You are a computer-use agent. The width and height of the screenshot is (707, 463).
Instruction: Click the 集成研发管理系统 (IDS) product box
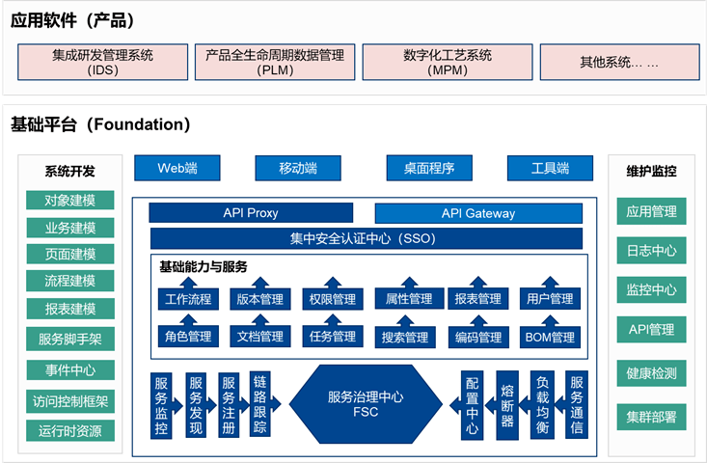[102, 62]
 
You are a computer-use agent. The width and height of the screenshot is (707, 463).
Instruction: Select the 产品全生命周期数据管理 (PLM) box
[275, 62]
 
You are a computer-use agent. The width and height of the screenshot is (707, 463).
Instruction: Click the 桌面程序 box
[428, 169]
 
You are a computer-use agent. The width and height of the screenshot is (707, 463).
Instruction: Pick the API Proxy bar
[251, 213]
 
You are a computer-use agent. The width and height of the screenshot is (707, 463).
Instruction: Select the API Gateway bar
[478, 213]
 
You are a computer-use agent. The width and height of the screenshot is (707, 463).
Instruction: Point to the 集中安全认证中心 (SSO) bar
[367, 238]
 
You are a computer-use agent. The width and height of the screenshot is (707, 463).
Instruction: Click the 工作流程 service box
[187, 299]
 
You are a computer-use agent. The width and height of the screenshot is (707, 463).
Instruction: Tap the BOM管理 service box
[550, 337]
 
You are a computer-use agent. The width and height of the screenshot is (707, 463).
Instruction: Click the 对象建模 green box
[70, 201]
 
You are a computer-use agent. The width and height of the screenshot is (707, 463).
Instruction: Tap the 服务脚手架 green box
[70, 340]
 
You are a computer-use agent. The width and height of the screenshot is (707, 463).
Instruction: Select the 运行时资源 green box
[70, 430]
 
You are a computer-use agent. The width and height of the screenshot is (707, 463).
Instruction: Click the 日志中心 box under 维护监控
[651, 251]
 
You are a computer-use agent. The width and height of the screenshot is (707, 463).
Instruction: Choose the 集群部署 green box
[651, 417]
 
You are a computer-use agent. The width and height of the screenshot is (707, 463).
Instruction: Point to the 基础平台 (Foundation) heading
[100, 124]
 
